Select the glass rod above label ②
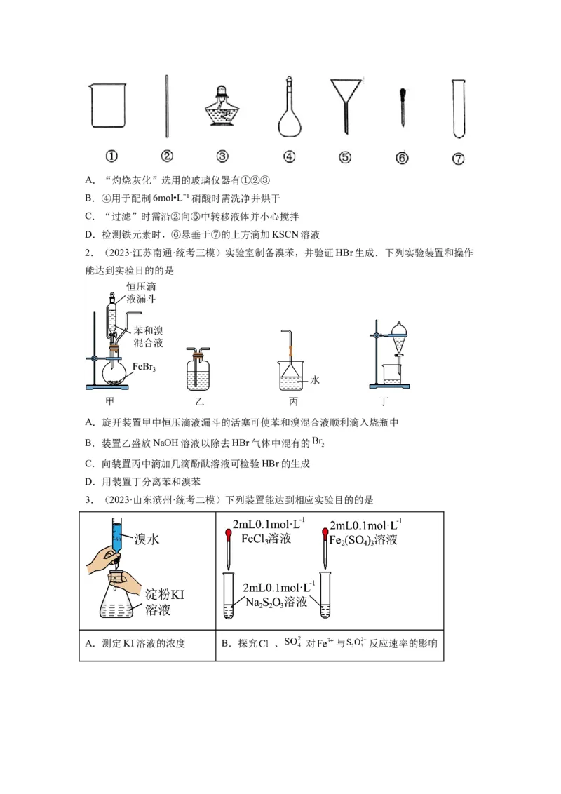pos(167,107)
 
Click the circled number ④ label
pos(288,157)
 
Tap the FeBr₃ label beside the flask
pos(144,366)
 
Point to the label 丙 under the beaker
pos(293,403)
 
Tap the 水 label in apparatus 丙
pos(315,380)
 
